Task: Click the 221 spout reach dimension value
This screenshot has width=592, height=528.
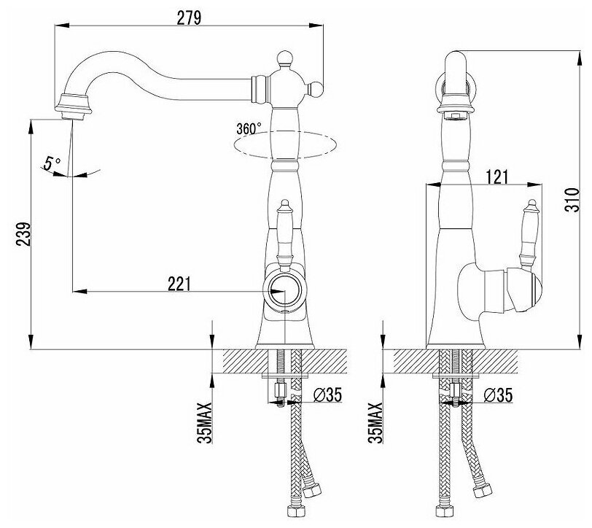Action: (179, 282)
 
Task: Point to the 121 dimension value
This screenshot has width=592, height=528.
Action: (497, 176)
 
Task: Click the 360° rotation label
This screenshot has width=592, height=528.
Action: (248, 129)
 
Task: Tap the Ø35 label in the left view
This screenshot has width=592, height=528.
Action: (327, 395)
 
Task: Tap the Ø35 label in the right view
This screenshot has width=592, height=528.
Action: (499, 395)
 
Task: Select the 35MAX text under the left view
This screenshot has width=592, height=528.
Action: (209, 423)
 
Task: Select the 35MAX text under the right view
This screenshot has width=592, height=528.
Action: (377, 423)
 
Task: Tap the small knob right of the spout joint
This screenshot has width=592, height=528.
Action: (316, 89)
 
